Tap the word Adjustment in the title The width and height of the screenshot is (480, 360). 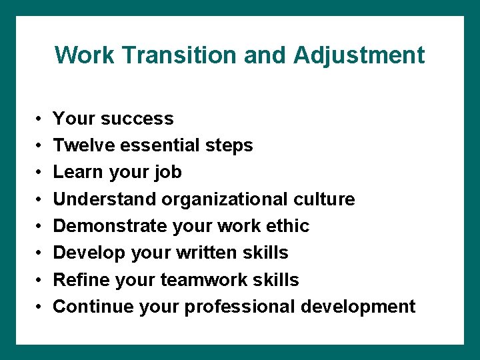tap(359, 55)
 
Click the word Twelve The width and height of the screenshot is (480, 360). tap(81, 145)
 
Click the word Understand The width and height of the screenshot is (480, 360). tap(103, 199)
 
